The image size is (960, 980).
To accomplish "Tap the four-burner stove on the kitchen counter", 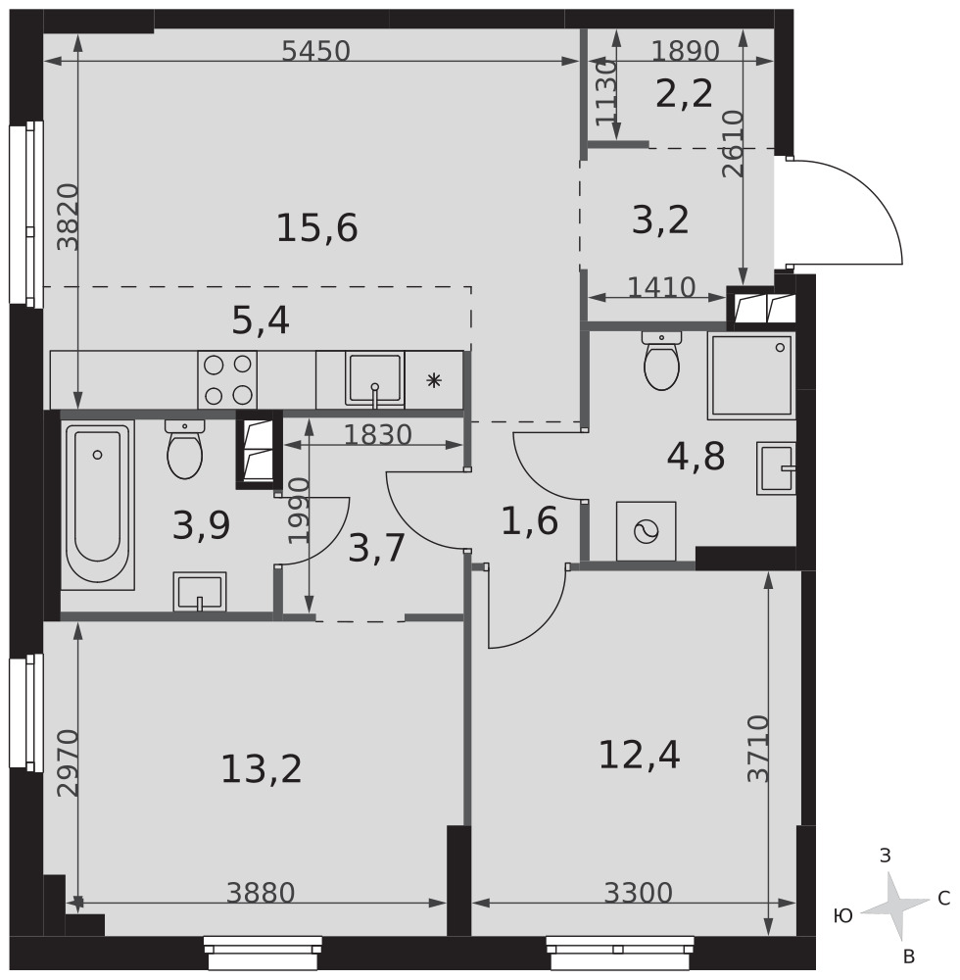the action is (x=227, y=379).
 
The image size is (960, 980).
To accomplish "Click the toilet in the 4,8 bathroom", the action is (x=661, y=361).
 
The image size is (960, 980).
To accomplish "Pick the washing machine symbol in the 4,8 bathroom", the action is (x=646, y=531).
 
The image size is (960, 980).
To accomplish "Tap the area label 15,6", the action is (x=316, y=227).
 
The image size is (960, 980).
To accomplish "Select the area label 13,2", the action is (x=262, y=768).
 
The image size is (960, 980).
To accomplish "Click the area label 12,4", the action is (x=639, y=755).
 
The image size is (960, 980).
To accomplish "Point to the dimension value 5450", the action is (x=315, y=51).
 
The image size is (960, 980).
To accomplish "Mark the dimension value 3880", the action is (x=261, y=893).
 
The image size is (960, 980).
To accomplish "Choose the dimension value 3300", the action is (x=639, y=893).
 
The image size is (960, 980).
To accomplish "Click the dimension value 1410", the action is (x=661, y=287).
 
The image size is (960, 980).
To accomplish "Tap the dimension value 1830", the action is (x=378, y=435).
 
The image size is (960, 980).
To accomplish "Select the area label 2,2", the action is (x=684, y=95).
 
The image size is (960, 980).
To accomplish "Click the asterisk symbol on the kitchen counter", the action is (x=433, y=380).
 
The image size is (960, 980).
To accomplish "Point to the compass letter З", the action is (x=885, y=856).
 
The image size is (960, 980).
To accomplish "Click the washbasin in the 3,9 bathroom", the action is (x=200, y=591).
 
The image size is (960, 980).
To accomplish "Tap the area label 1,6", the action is (x=529, y=521).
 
